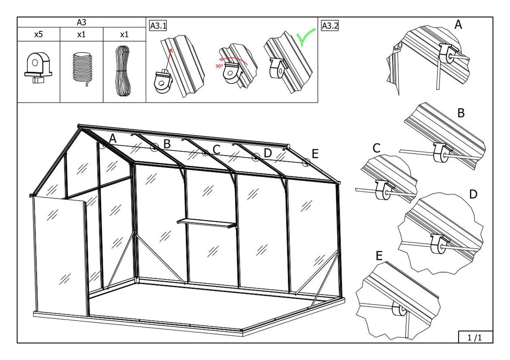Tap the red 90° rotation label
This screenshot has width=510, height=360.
(x=219, y=66)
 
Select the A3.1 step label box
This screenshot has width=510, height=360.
(x=158, y=26)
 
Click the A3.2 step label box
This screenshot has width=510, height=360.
(x=329, y=26)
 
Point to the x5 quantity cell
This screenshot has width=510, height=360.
(x=38, y=34)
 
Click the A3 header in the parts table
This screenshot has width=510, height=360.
(x=81, y=22)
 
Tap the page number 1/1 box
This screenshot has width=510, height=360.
(x=475, y=337)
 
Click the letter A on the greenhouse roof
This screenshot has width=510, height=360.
(x=113, y=139)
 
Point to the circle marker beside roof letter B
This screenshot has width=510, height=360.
(x=154, y=148)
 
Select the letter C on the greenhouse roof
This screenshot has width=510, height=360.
(x=216, y=149)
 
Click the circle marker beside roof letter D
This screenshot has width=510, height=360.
(x=256, y=157)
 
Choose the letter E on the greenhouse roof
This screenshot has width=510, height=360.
(x=315, y=154)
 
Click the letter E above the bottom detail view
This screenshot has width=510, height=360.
(x=379, y=256)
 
